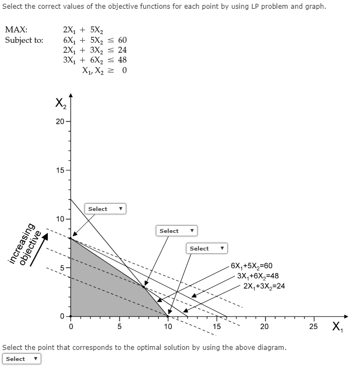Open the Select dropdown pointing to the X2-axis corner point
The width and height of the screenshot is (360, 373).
click(x=105, y=209)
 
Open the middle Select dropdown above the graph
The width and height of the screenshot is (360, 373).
click(x=177, y=231)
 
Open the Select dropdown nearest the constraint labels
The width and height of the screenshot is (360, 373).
click(x=207, y=249)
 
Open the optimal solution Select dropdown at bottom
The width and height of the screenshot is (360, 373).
click(x=22, y=359)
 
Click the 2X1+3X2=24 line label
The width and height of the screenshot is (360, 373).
click(x=264, y=286)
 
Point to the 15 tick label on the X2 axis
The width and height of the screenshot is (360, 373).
click(x=59, y=170)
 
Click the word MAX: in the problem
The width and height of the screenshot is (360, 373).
click(x=16, y=30)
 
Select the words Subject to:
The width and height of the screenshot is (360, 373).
click(x=24, y=40)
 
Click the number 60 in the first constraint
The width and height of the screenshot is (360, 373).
click(x=122, y=40)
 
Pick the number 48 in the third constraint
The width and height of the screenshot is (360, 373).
click(x=122, y=60)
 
